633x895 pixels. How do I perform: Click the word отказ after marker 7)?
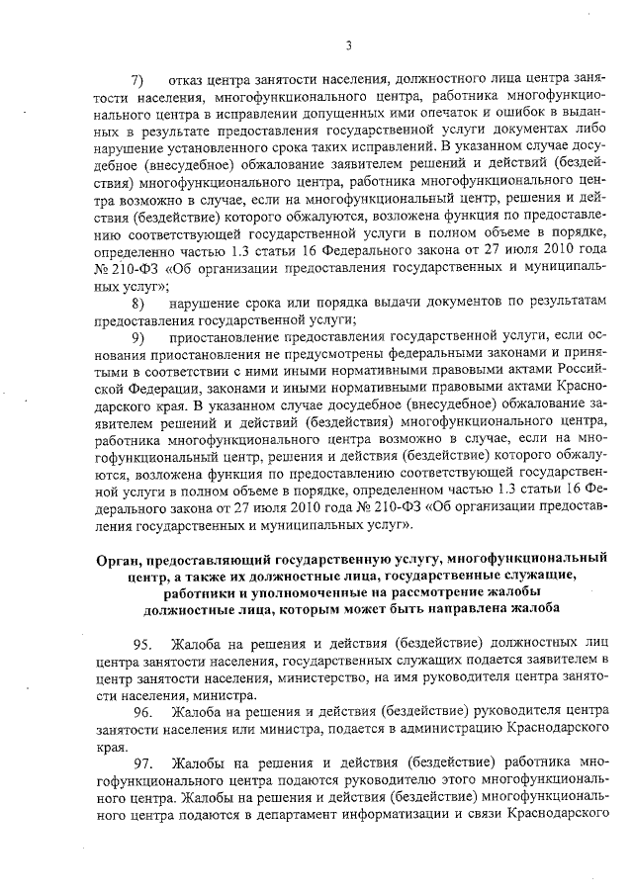click(189, 78)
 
